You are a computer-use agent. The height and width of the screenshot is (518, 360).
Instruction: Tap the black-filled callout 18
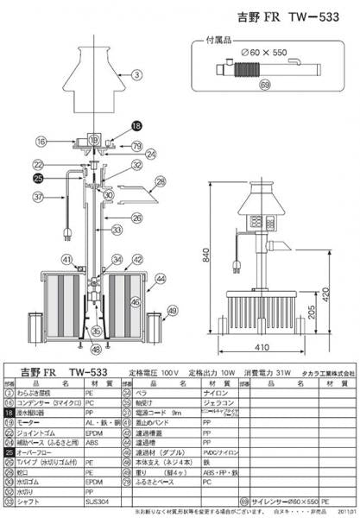click(x=136, y=125)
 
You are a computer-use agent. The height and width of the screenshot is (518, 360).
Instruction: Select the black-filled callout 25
click(x=37, y=179)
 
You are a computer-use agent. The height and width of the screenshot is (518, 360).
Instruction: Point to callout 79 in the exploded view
click(x=137, y=146)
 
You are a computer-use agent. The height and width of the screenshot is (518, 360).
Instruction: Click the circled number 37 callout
click(x=37, y=197)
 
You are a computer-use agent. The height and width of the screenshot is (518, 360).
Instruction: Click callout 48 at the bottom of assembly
click(x=95, y=349)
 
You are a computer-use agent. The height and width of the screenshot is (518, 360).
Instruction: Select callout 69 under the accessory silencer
click(x=264, y=85)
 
